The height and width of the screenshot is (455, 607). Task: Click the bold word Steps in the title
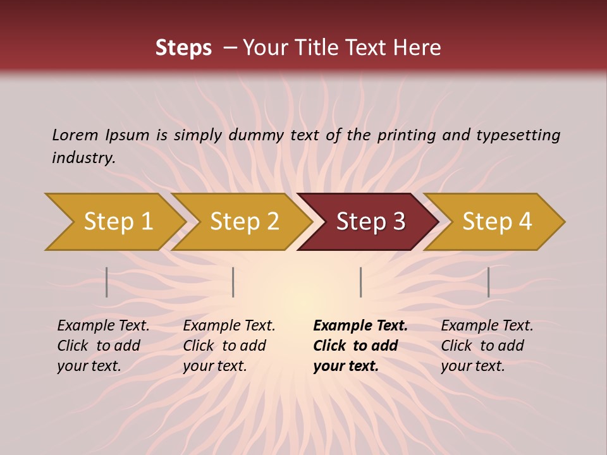click(x=183, y=48)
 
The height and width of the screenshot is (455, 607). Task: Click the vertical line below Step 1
click(x=107, y=282)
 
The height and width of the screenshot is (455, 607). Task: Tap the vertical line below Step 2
click(x=233, y=282)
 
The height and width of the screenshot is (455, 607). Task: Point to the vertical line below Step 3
click(x=360, y=282)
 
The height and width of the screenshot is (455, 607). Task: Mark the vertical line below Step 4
click(x=488, y=282)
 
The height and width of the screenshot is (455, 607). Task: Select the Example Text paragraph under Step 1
click(x=103, y=346)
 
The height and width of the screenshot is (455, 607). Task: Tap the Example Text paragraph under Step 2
click(x=229, y=346)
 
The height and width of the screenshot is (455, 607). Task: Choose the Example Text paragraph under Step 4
click(x=487, y=346)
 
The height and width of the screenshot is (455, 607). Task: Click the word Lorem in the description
click(x=75, y=135)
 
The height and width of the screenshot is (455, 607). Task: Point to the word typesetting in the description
click(x=518, y=135)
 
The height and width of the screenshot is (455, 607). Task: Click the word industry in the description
click(x=83, y=158)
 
